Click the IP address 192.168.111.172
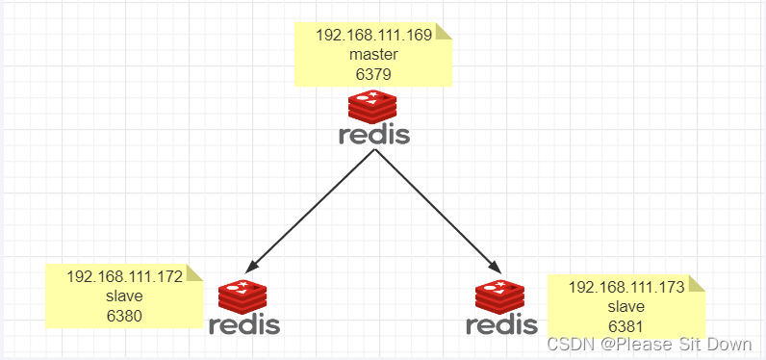pos(124,277)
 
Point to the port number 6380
pos(124,314)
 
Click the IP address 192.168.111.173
pos(626,287)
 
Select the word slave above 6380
pos(124,296)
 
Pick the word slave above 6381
pos(626,305)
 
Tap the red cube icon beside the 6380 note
pos(243,296)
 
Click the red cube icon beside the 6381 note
pos(501,296)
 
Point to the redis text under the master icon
pos(374,135)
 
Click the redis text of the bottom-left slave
pos(244,324)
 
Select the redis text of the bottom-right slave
pos(501,324)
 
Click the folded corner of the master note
pos(444,32)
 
